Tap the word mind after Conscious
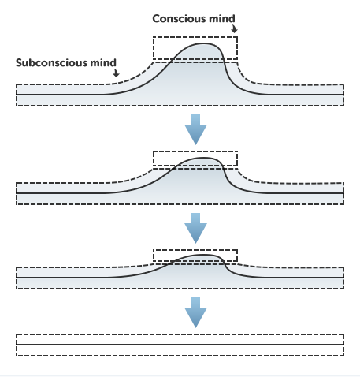click(222, 19)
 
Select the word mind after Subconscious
click(103, 63)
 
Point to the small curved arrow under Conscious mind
click(235, 29)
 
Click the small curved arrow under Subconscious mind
click(116, 73)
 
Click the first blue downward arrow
click(195, 129)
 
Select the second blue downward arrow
click(195, 228)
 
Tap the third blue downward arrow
click(195, 312)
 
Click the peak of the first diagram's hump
click(203, 43)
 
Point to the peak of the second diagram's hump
click(203, 158)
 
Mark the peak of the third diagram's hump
click(203, 255)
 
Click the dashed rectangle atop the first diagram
click(195, 37)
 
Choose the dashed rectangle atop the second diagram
click(195, 151)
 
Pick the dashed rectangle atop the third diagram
click(195, 250)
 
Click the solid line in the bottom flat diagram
click(180, 345)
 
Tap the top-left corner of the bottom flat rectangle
click(17, 334)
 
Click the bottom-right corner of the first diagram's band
click(343, 106)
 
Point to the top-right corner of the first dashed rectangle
click(237, 37)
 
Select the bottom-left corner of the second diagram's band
click(17, 204)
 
